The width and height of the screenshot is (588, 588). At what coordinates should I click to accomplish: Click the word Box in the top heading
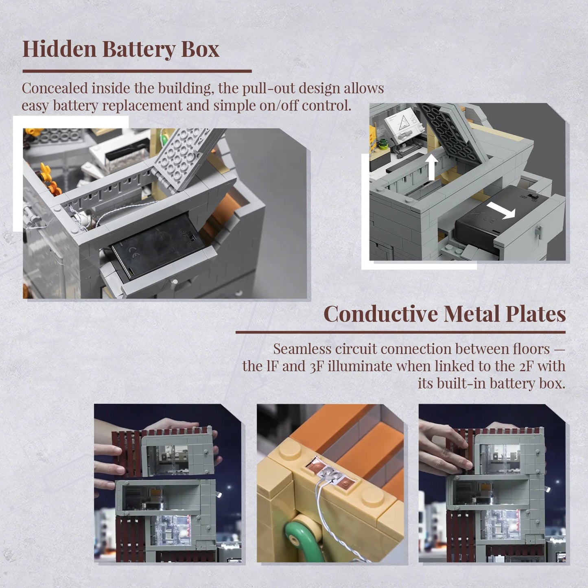pyautogui.click(x=200, y=49)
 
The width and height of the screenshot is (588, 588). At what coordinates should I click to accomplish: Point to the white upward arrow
pyautogui.click(x=431, y=167)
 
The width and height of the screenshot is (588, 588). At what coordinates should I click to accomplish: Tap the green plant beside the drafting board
pyautogui.click(x=382, y=143)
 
